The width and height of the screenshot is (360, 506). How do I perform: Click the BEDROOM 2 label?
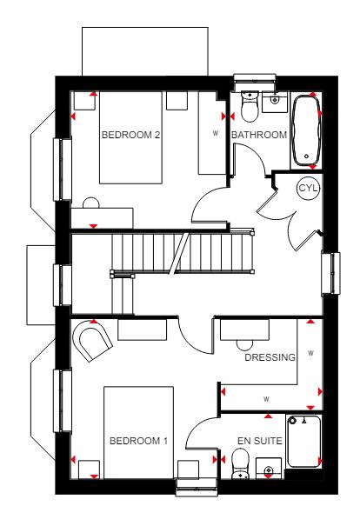click(x=130, y=135)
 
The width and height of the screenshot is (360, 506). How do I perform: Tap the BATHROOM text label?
click(x=259, y=135)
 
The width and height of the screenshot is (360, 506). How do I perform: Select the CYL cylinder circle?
click(x=309, y=188)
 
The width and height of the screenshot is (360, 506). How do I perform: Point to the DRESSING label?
click(x=270, y=357)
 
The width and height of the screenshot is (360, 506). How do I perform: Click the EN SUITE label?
click(x=260, y=441)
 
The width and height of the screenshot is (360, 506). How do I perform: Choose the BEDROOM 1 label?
click(x=139, y=441)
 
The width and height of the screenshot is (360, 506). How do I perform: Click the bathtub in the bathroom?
click(x=306, y=130)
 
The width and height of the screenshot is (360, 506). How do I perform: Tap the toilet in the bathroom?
click(x=250, y=106)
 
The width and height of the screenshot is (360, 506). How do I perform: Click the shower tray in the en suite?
click(x=303, y=441)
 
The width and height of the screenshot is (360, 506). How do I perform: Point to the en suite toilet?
click(x=241, y=464)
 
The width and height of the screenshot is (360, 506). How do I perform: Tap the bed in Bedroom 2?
click(x=130, y=137)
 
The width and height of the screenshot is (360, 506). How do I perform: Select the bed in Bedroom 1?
click(x=138, y=432)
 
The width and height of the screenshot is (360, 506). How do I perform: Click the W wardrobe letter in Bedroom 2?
click(x=216, y=133)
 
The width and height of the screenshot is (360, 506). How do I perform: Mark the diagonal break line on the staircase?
click(x=180, y=253)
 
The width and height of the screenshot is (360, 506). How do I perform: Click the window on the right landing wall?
click(x=331, y=273)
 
